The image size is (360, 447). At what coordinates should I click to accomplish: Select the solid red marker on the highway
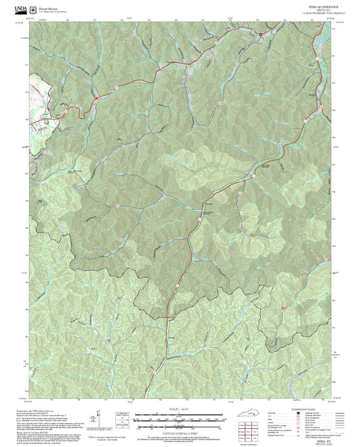(x=252, y=234)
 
